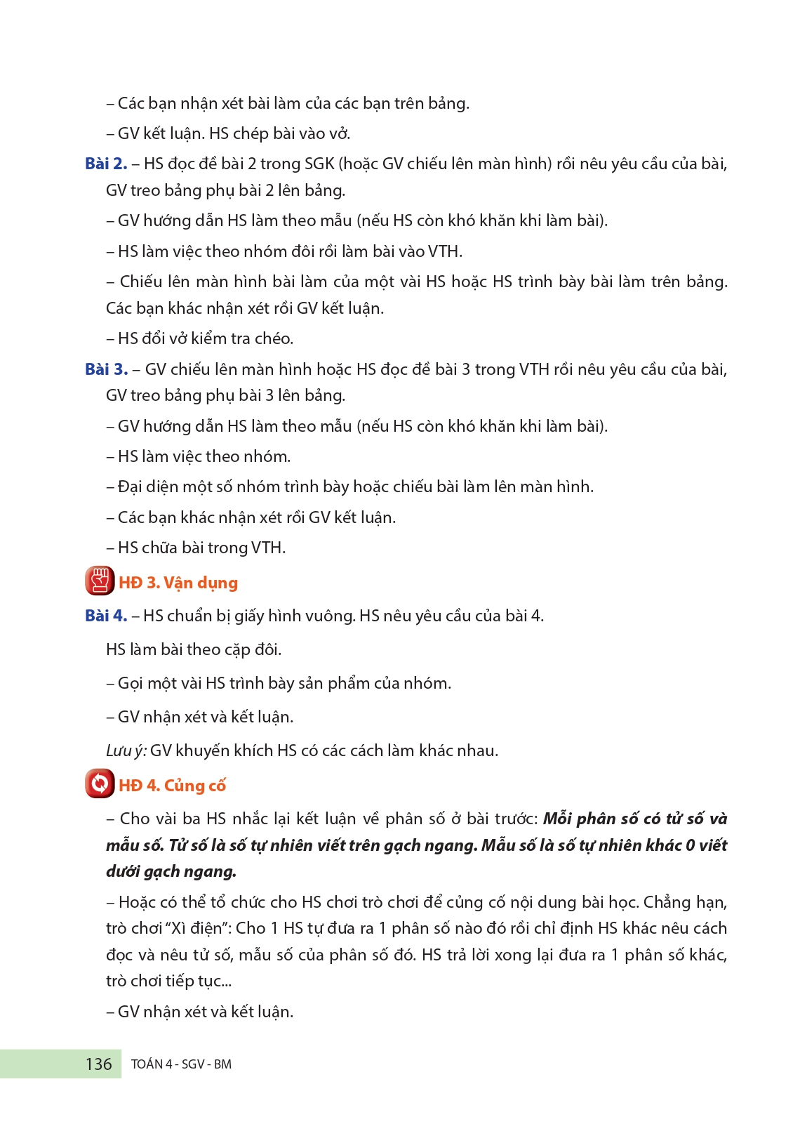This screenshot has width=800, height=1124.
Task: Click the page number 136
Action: pos(98,1064)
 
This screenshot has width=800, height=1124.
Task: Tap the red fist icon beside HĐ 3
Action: pos(100,581)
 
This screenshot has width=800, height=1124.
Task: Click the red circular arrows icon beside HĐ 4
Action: pos(100,784)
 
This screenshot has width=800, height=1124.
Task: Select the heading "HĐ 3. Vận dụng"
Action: pos(178,583)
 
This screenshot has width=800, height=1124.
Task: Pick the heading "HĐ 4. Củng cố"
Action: pos(172,786)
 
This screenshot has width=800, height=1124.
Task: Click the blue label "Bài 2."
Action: pos(106,164)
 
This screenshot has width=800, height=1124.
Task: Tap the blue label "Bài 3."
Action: pos(106,369)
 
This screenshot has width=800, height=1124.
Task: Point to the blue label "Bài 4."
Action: pos(106,616)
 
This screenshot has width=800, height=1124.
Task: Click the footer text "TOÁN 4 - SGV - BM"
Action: pos(181,1064)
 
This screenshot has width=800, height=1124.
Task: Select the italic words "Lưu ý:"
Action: pos(126,751)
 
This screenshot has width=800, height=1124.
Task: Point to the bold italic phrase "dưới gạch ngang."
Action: pos(171,872)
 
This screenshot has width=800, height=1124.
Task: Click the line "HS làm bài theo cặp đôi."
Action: pos(194,649)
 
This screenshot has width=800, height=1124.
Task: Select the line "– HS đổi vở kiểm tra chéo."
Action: pos(200,338)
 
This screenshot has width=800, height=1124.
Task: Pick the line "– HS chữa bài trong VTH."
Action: pos(196,548)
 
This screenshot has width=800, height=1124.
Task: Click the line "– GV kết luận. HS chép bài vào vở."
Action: pos(228,133)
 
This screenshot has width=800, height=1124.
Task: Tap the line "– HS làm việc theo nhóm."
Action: pos(199,456)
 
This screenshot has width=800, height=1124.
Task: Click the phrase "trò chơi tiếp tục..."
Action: pos(168,981)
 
